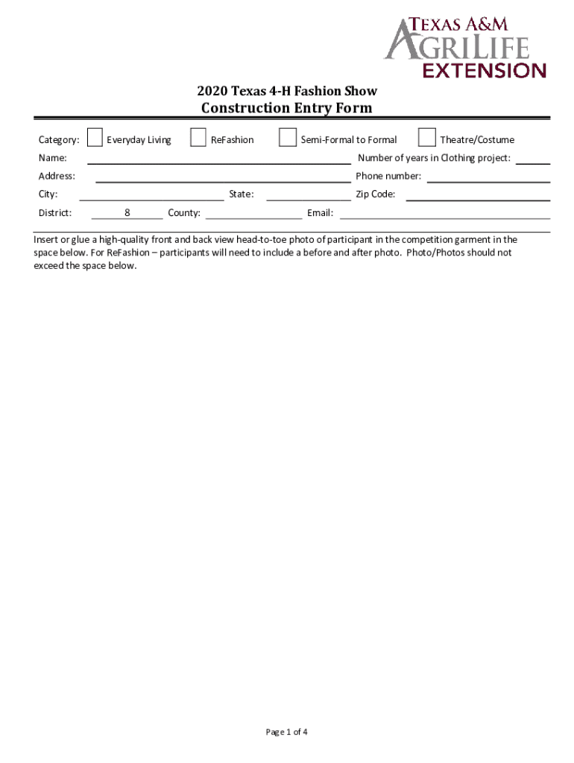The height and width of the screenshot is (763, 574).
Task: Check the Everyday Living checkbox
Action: [95, 138]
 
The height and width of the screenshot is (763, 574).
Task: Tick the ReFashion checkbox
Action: [198, 138]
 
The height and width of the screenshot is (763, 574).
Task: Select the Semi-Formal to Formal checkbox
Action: [287, 138]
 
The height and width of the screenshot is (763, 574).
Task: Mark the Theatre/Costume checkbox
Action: [427, 138]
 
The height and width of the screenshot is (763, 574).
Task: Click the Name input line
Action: [219, 158]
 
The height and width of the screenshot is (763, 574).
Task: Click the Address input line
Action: [223, 177]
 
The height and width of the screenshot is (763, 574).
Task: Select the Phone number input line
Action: [488, 177]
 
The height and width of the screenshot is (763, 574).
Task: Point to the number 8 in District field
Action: [127, 213]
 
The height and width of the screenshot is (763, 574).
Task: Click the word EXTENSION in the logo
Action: [485, 71]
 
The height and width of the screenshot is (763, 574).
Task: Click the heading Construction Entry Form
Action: [287, 109]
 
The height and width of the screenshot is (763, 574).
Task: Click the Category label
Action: [59, 139]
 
